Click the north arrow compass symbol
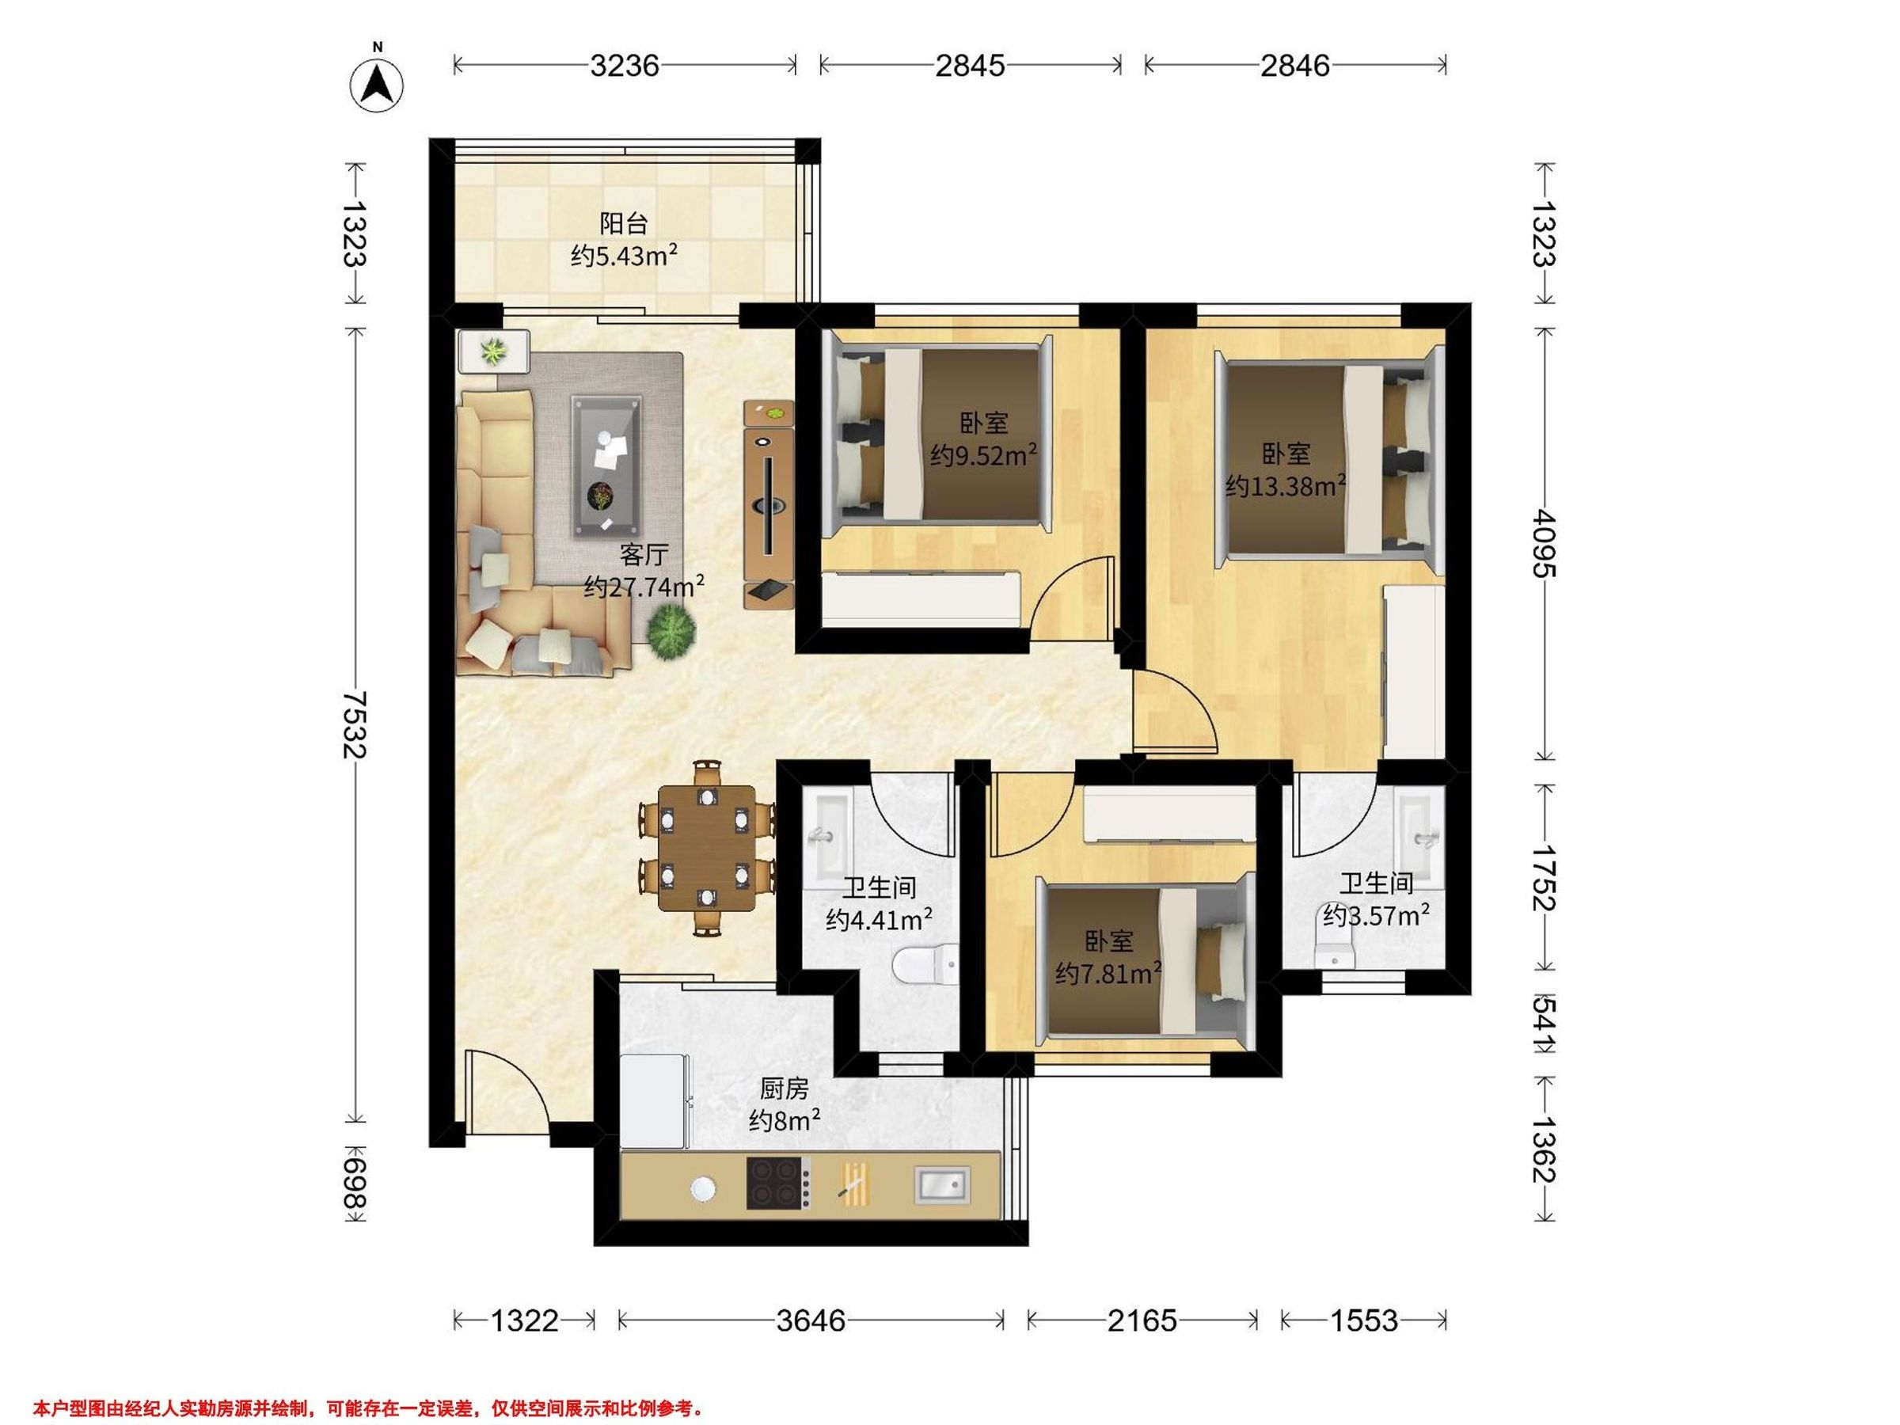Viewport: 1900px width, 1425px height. (x=377, y=84)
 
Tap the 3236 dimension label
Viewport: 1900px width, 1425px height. (x=625, y=65)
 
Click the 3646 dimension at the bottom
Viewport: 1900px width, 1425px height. (x=811, y=1320)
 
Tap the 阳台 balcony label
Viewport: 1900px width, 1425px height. (x=624, y=224)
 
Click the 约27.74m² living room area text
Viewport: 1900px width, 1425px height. (x=644, y=587)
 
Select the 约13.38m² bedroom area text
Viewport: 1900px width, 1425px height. (x=1285, y=486)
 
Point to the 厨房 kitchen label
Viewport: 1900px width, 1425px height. (x=785, y=1089)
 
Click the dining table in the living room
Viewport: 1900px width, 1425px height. (x=707, y=848)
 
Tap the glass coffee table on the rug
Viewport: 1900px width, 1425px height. (x=606, y=466)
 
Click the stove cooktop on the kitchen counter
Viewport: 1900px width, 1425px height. (x=778, y=1184)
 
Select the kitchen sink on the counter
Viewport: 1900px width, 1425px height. (x=941, y=1184)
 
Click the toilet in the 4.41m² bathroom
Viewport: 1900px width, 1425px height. (x=924, y=963)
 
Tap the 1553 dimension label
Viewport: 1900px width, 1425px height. (x=1364, y=1320)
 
